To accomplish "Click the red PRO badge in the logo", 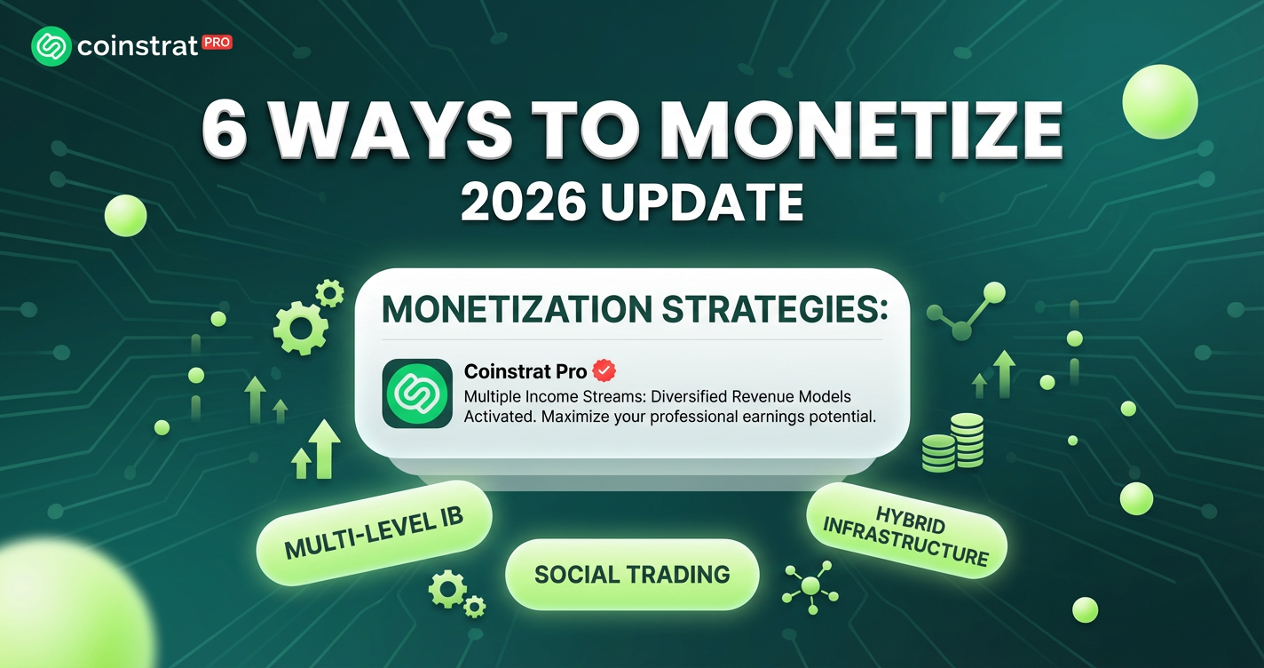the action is point(217,43).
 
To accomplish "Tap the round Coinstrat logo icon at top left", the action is point(51,46).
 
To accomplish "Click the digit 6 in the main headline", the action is point(225,131).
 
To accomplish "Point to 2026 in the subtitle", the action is point(523,203).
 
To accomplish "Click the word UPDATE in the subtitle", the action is point(701,203).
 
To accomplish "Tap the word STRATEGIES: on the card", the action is point(774,309).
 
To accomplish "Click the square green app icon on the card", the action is point(417,394).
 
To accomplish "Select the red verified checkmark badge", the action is point(604,371).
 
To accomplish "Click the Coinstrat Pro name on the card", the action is point(525,371).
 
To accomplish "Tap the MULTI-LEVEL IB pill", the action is point(374,533).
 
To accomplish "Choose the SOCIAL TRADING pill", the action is point(632,574).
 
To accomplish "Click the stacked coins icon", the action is point(953,442).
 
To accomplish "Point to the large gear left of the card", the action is point(301,328).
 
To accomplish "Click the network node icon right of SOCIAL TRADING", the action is point(810,587).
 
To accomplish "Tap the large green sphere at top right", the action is point(1160,101).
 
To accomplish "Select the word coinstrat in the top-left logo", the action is point(137,46).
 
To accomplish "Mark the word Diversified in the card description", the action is point(689,396).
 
